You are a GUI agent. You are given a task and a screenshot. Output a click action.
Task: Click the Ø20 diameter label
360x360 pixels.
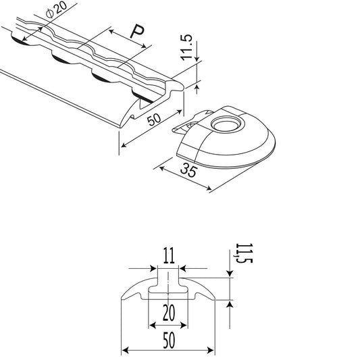pyautogui.click(x=57, y=9)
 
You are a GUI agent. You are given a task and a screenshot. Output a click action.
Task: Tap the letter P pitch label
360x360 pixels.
pyautogui.click(x=137, y=32)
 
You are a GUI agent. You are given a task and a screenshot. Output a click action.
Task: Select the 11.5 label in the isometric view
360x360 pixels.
pyautogui.click(x=186, y=47)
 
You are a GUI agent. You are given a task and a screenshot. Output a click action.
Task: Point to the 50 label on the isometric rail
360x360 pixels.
pyautogui.click(x=154, y=120)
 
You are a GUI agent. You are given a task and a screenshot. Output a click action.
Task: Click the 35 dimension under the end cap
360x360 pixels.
pyautogui.click(x=188, y=170)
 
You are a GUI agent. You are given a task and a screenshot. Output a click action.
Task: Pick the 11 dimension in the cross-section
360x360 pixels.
pyautogui.click(x=169, y=255)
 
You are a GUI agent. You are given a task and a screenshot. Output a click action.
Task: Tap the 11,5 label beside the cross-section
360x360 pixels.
pyautogui.click(x=244, y=253)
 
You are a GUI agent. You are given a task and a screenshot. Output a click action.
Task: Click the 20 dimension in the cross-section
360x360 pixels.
pyautogui.click(x=169, y=313)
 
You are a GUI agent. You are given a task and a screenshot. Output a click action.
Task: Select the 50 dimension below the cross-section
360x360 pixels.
pyautogui.click(x=169, y=340)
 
